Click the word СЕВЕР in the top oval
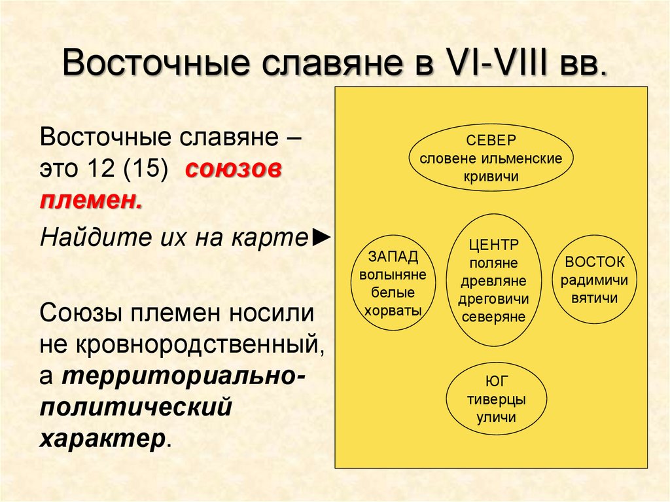point(491,140)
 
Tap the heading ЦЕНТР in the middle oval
point(493,245)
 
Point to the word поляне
point(493,263)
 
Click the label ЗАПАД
point(393,256)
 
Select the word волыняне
point(393,274)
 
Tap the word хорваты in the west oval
point(393,311)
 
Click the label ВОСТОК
point(595,262)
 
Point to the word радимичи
point(595,280)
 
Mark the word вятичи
point(595,298)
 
